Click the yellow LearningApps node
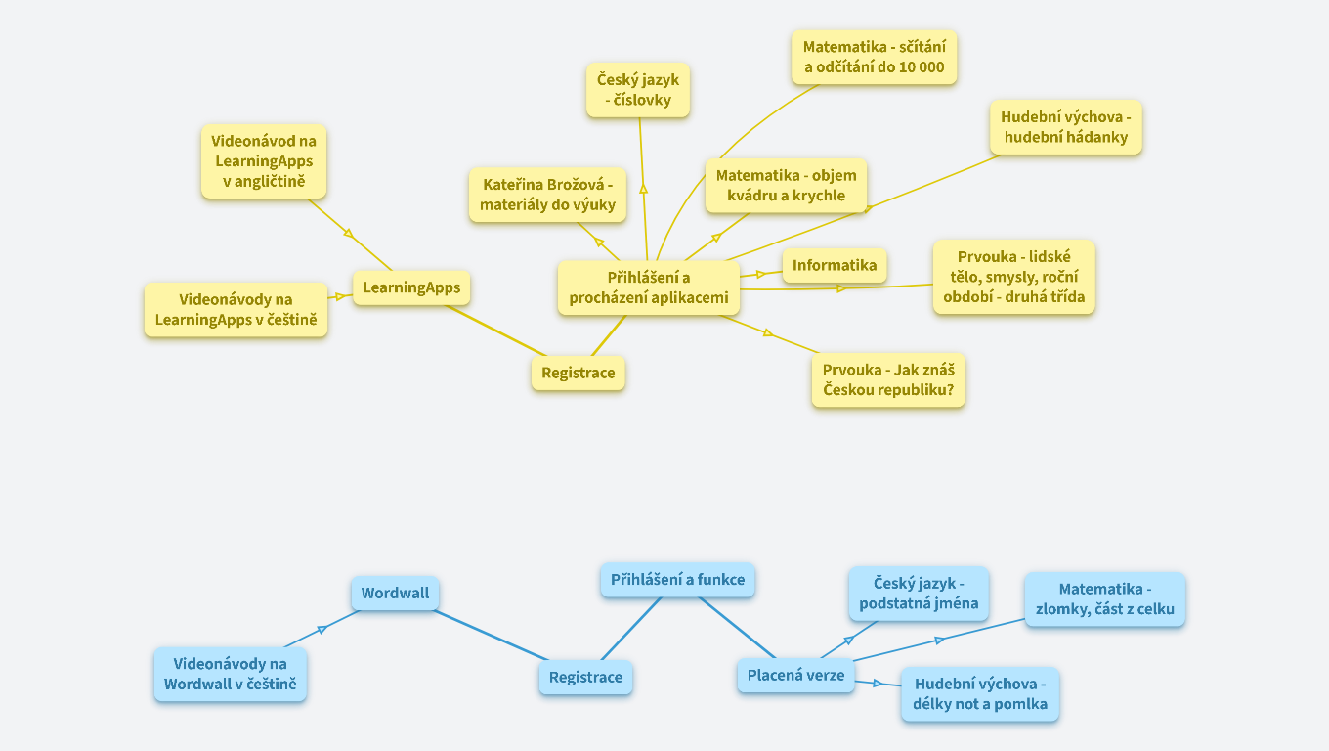[x=411, y=287]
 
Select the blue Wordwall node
[x=395, y=594]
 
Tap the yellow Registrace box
[x=579, y=373]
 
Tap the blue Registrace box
[x=585, y=678]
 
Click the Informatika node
[x=835, y=265]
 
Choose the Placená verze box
[x=795, y=675]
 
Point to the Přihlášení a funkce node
[x=677, y=580]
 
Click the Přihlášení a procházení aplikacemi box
[x=649, y=287]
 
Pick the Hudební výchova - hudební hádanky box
[x=1065, y=127]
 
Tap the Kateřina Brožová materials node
[x=548, y=195]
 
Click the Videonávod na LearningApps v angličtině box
[x=264, y=161]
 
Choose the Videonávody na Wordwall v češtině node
[x=231, y=674]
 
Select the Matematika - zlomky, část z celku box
[x=1104, y=600]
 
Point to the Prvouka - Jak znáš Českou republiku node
[x=888, y=380]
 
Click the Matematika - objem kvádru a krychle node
[x=786, y=185]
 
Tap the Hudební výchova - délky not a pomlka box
[x=979, y=693]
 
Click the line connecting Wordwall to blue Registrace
[x=489, y=635]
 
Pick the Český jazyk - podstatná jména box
[x=919, y=594]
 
